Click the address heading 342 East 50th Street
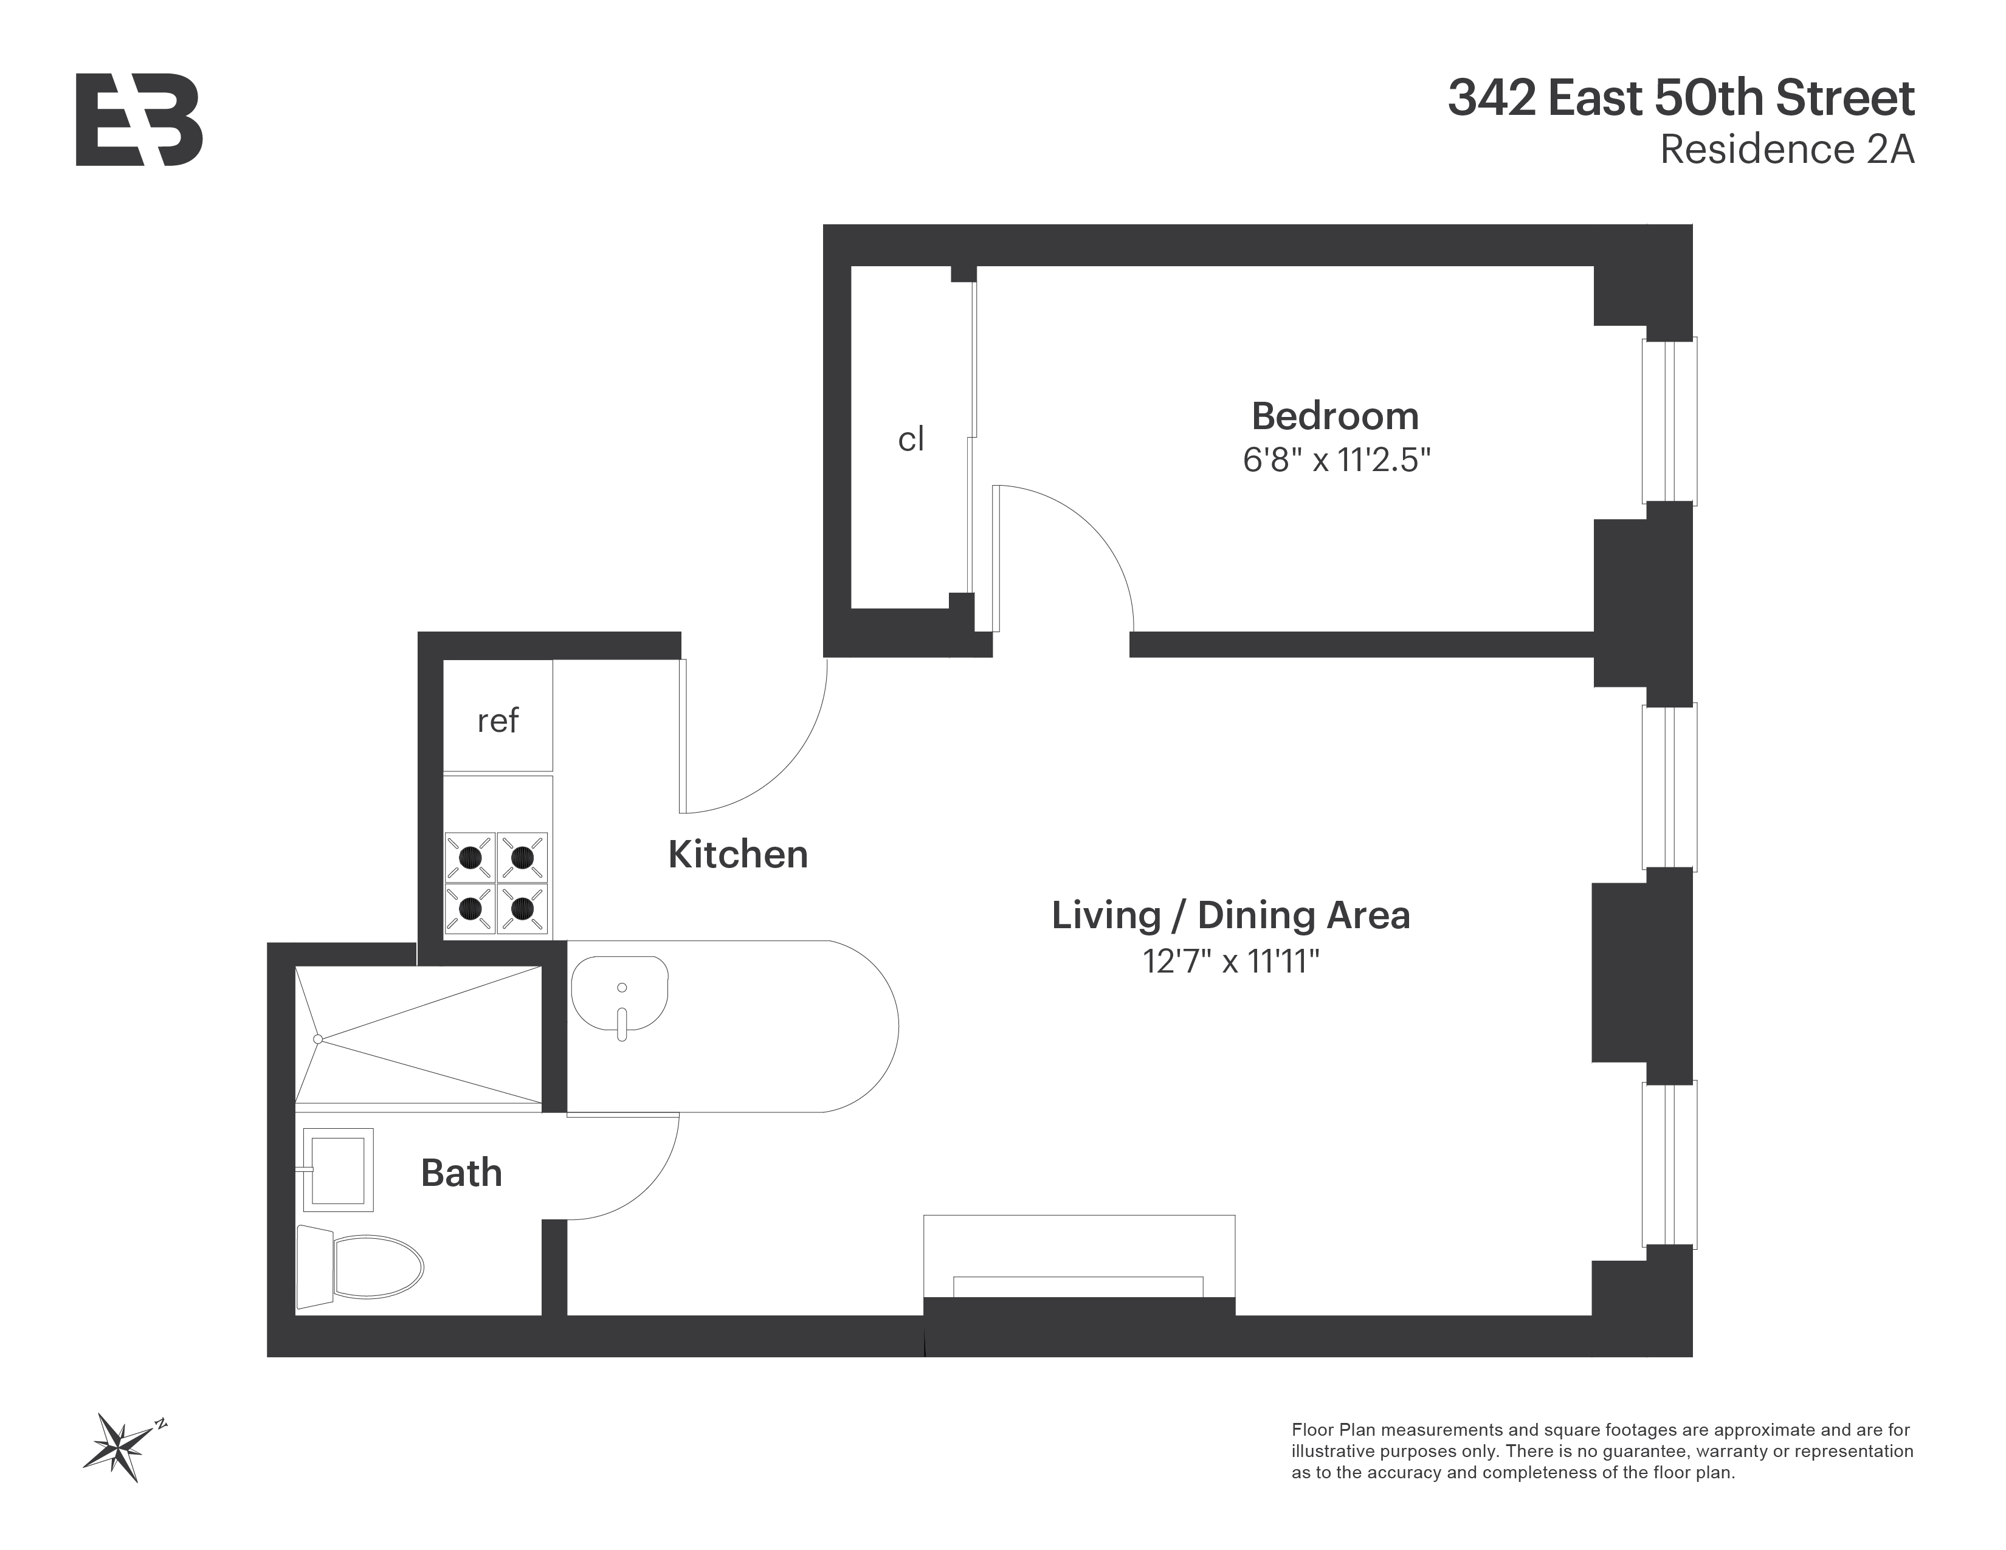tap(1681, 99)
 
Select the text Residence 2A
tap(1787, 150)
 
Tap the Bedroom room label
tap(1334, 416)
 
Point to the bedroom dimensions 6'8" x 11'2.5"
tap(1336, 459)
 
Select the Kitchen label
tap(737, 855)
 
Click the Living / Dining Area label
tap(1230, 915)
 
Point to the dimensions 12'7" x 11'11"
tap(1230, 962)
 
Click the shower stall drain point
tap(318, 1039)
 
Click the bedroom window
tap(1669, 421)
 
